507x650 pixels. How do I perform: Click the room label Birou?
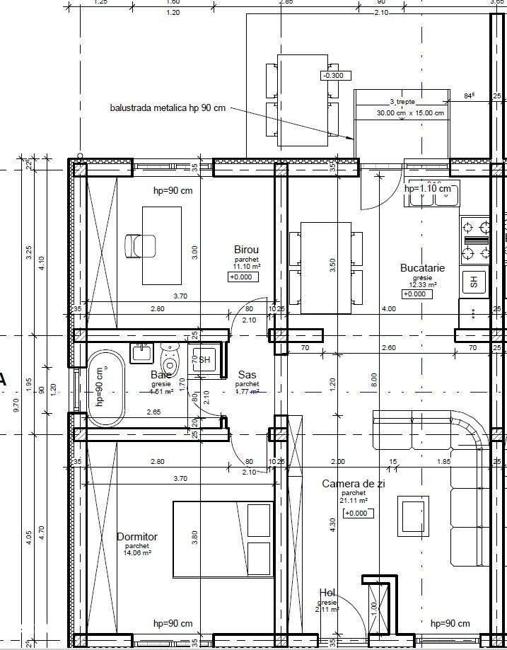coord(246,250)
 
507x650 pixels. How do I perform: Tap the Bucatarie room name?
coord(422,268)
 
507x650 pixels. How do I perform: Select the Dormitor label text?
coord(137,537)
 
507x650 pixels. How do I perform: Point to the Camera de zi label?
coord(354,484)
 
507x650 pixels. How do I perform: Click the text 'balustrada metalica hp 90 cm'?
coord(168,108)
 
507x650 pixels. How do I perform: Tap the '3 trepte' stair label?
coord(402,102)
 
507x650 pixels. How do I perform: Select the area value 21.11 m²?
coord(354,500)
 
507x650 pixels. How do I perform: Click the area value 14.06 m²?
coord(137,553)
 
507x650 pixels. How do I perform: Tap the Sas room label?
coord(247,374)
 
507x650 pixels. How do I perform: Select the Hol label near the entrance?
coord(327,593)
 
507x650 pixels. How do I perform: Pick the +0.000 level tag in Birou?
coord(243,277)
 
